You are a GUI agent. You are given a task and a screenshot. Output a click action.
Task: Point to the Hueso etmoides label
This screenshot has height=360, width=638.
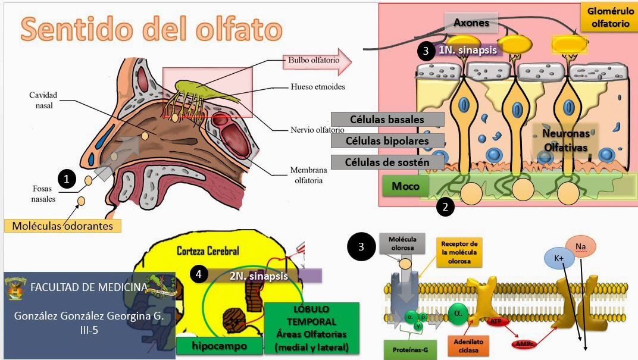point(318,86)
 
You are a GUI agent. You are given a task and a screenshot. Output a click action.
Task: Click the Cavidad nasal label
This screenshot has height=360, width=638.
point(44,100)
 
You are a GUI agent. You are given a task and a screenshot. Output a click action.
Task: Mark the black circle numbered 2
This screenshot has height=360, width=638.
point(446,206)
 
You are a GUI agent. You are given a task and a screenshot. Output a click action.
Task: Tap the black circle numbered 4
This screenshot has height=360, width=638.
point(199,275)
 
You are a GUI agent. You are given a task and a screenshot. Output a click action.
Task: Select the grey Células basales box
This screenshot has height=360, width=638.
point(387,120)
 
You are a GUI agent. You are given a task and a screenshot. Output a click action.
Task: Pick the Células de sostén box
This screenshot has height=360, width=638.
point(387,162)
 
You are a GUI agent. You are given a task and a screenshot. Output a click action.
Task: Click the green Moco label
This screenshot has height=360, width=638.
point(405,186)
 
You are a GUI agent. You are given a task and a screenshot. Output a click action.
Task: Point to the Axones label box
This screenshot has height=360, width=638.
point(471,23)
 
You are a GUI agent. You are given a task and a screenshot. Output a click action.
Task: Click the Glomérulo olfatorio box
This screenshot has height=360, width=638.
point(608,17)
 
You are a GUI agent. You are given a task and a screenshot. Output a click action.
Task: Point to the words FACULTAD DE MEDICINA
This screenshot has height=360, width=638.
point(89,287)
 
